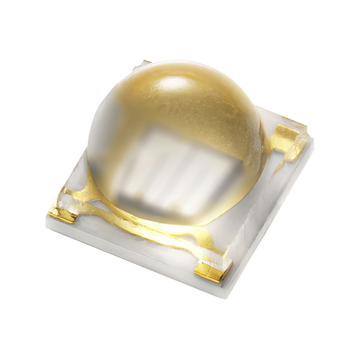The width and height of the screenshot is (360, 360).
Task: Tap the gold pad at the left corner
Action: pyautogui.click(x=61, y=213)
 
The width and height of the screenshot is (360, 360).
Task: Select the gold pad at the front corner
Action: pyautogui.click(x=210, y=273)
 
